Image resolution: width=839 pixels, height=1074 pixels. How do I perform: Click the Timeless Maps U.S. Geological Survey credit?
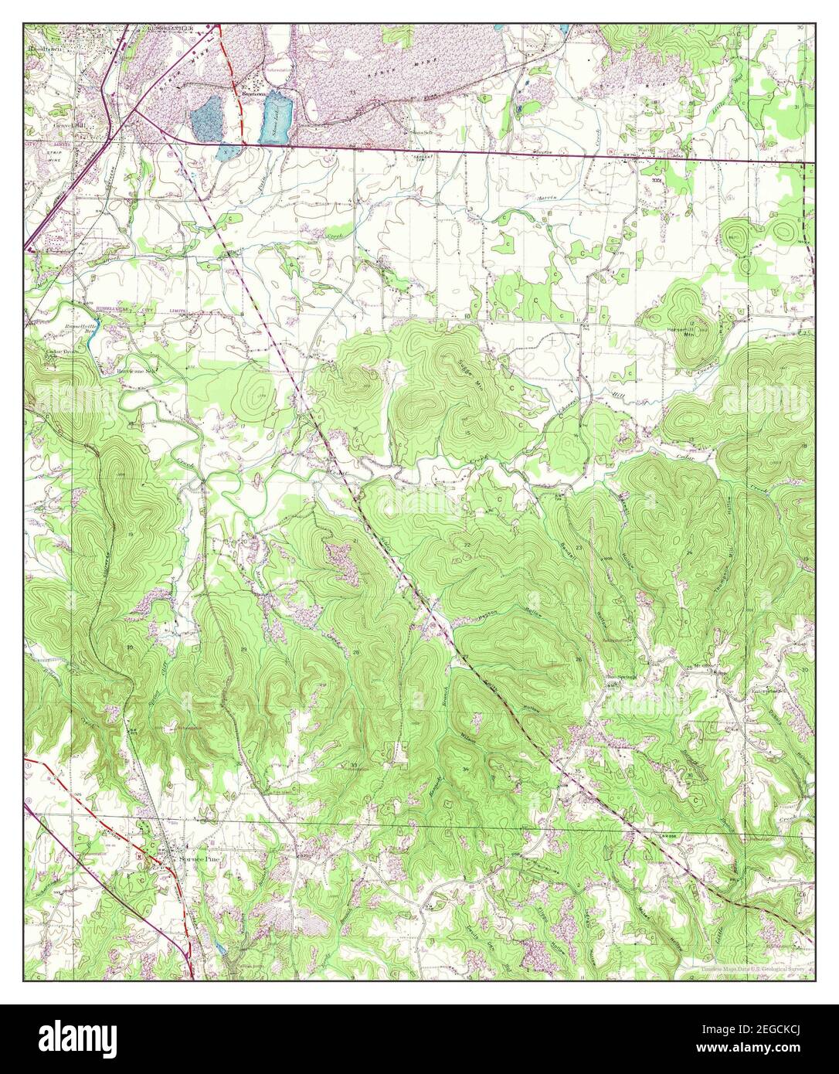(753, 968)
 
